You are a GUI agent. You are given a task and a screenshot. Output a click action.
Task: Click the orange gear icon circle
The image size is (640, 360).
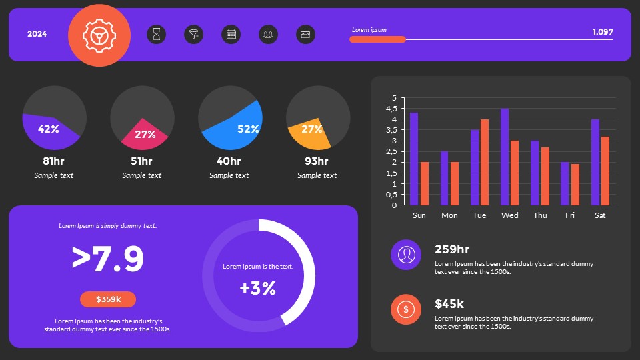coord(99,35)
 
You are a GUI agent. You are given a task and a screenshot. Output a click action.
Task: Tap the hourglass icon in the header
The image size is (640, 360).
coord(156,35)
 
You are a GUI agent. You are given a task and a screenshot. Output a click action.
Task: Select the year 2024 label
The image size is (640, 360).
coord(37,34)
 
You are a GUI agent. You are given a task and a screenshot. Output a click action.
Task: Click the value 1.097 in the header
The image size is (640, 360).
coord(602,31)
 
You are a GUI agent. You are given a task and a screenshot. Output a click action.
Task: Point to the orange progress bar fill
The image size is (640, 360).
coord(377,39)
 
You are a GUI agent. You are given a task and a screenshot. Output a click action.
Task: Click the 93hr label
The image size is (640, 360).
coord(317,161)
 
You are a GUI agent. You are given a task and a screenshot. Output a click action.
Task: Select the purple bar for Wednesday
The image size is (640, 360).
coord(505,157)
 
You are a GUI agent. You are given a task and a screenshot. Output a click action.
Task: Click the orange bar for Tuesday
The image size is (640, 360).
coord(485,162)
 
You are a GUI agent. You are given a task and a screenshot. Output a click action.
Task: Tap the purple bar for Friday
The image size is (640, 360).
coord(565,183)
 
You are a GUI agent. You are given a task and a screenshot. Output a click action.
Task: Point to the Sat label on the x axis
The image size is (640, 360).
coord(600,215)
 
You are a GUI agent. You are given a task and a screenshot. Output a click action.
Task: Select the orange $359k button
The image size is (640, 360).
coord(108,299)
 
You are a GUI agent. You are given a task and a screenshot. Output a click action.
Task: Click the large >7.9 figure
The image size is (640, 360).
coord(108,259)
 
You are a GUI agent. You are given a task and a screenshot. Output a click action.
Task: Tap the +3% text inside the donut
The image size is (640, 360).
coord(258,288)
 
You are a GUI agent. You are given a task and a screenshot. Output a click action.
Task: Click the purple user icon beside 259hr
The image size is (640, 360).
coord(406,255)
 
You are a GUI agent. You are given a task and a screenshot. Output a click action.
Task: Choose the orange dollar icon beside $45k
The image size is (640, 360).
coord(406,309)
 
